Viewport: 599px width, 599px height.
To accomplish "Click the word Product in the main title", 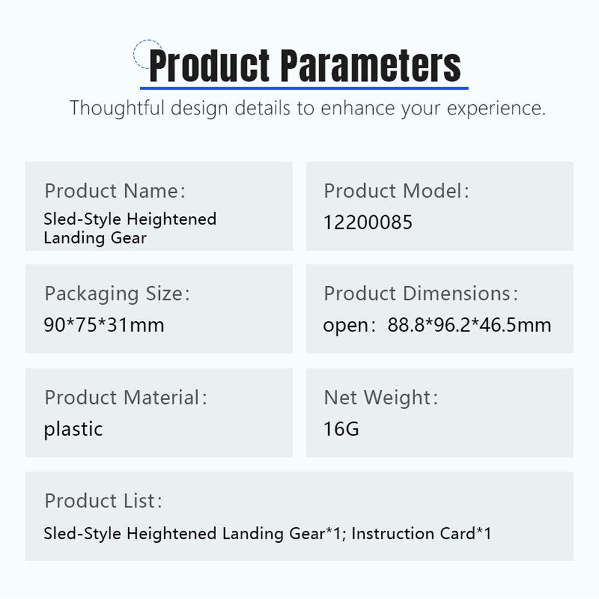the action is click(x=209, y=66).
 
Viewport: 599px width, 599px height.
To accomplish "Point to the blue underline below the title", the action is click(x=304, y=88).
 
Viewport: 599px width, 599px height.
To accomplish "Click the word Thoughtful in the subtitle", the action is click(x=117, y=108).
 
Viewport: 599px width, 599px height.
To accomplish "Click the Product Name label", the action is click(x=115, y=190).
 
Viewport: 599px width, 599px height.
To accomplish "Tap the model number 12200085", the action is click(x=368, y=222).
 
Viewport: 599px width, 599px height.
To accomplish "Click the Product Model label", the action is click(x=396, y=190).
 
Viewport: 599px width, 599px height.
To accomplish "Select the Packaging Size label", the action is click(x=117, y=294).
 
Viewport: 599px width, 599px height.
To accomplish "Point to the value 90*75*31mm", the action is click(x=104, y=325).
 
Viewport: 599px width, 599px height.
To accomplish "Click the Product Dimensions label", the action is click(x=421, y=294).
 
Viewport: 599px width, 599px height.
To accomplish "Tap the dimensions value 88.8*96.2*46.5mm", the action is click(x=470, y=325).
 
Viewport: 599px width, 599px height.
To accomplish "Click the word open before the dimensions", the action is click(x=346, y=326).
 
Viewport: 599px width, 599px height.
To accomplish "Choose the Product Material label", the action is click(x=126, y=397).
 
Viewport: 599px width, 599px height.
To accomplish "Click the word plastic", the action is click(x=73, y=429).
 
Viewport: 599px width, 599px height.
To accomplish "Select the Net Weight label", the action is click(x=381, y=398).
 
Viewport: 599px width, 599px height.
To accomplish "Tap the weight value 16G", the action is click(x=341, y=429).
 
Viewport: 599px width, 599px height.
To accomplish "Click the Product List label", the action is click(x=104, y=501).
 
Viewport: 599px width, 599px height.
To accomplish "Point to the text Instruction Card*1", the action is click(x=421, y=533).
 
